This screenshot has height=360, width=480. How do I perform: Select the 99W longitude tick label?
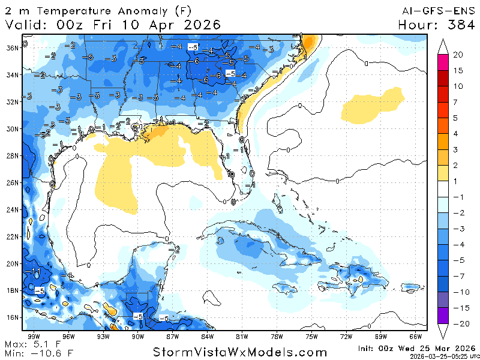(x=34, y=336)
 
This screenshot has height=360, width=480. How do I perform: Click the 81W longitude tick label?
(x=242, y=336)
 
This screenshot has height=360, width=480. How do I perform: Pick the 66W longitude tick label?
(x=415, y=336)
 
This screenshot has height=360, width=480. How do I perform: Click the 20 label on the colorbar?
(x=458, y=55)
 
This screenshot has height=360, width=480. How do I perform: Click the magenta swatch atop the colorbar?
(x=443, y=62)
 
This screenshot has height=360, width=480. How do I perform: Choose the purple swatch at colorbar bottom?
(x=443, y=316)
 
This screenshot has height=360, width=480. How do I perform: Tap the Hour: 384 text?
(x=436, y=25)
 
